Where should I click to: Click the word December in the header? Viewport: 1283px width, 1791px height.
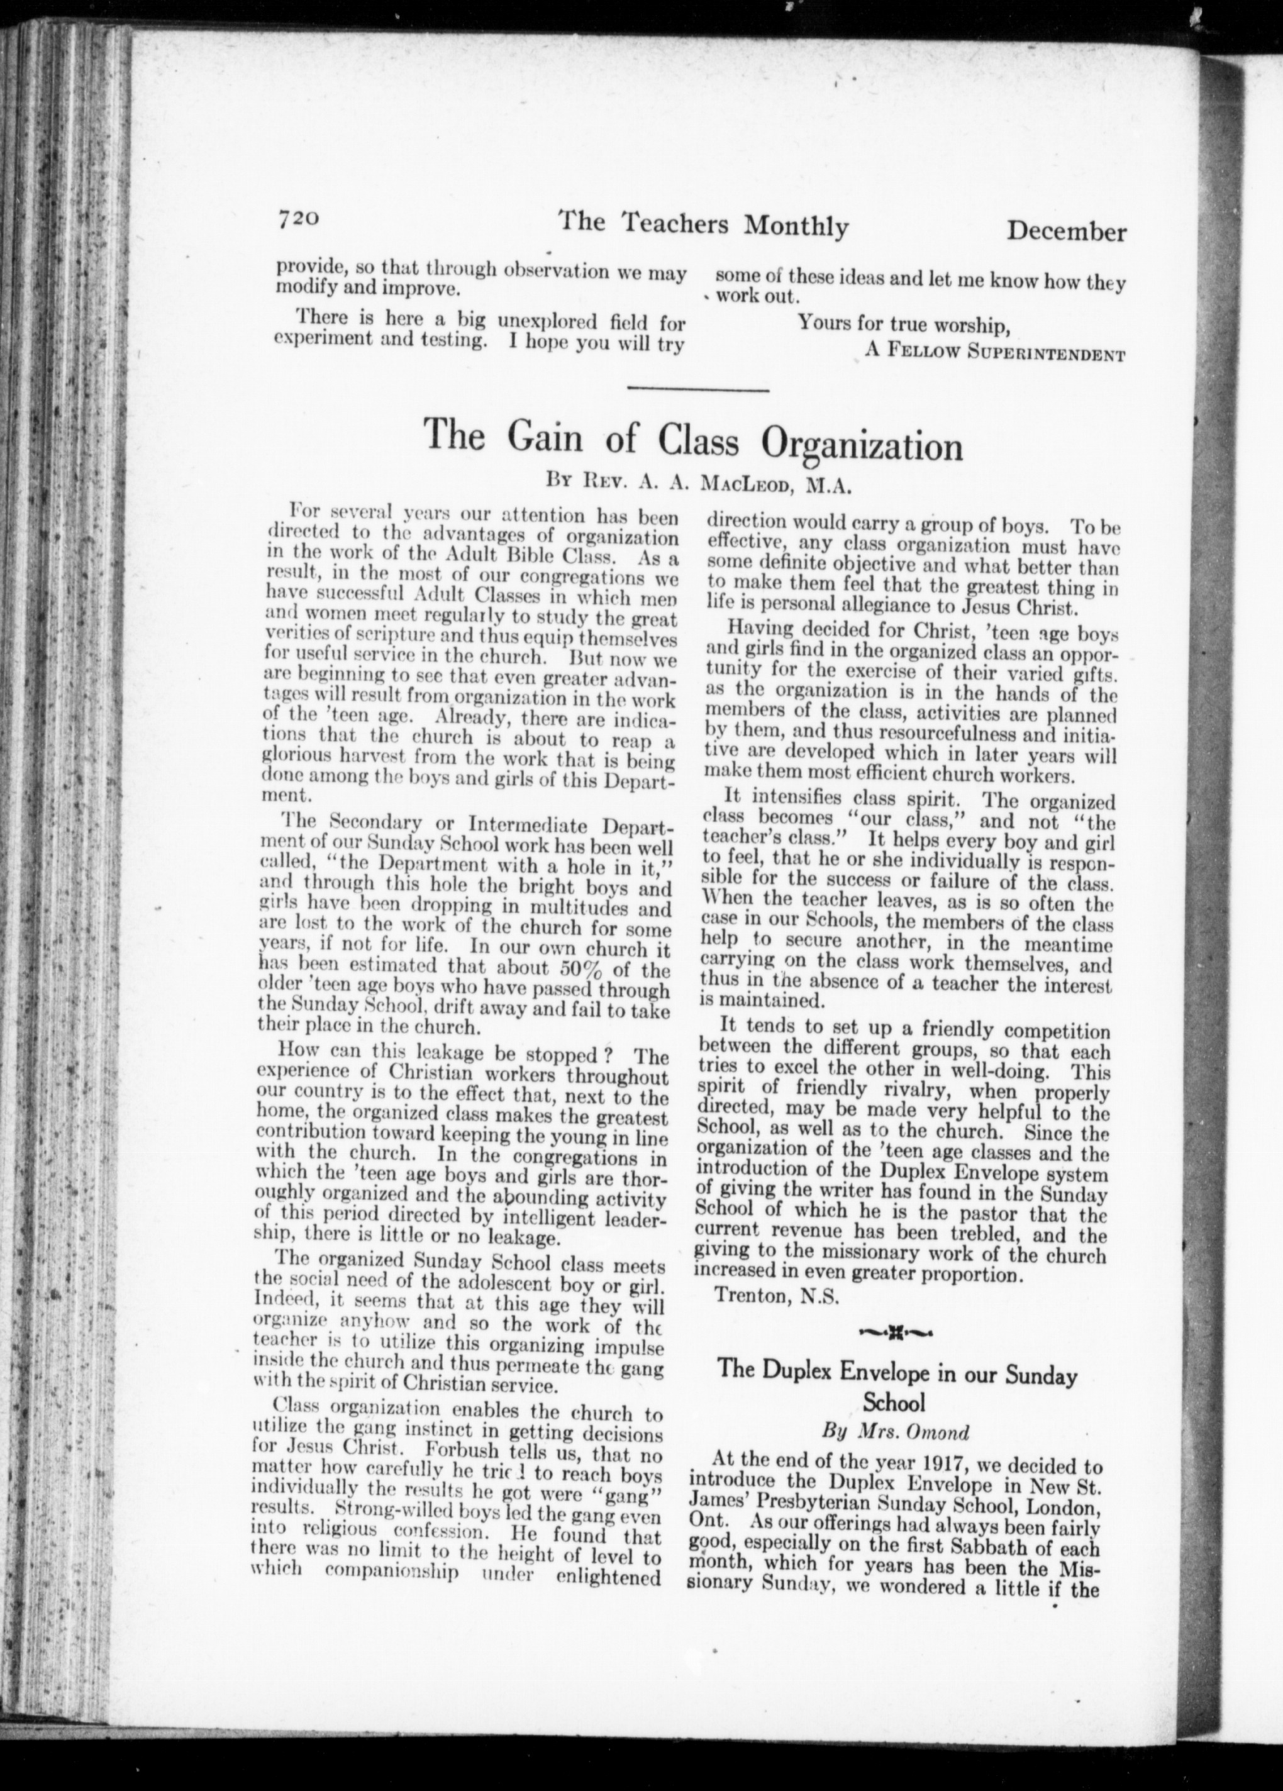click(1066, 231)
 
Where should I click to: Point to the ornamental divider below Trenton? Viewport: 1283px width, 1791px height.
click(896, 1335)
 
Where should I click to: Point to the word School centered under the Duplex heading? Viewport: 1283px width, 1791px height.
click(894, 1402)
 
